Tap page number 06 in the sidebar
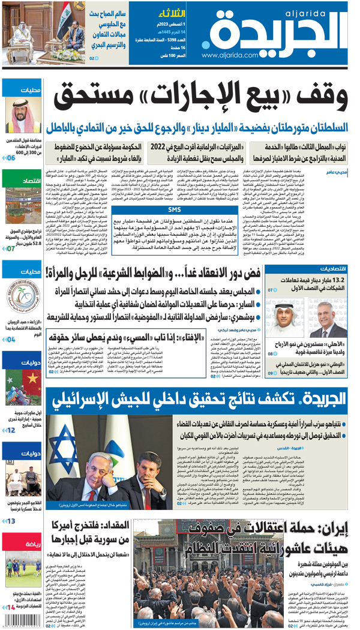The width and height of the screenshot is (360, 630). tap(11, 158)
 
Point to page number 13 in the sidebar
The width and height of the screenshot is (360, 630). tap(11, 521)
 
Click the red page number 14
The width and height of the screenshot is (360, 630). tap(11, 608)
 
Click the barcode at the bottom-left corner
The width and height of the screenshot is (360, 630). tap(22, 621)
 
